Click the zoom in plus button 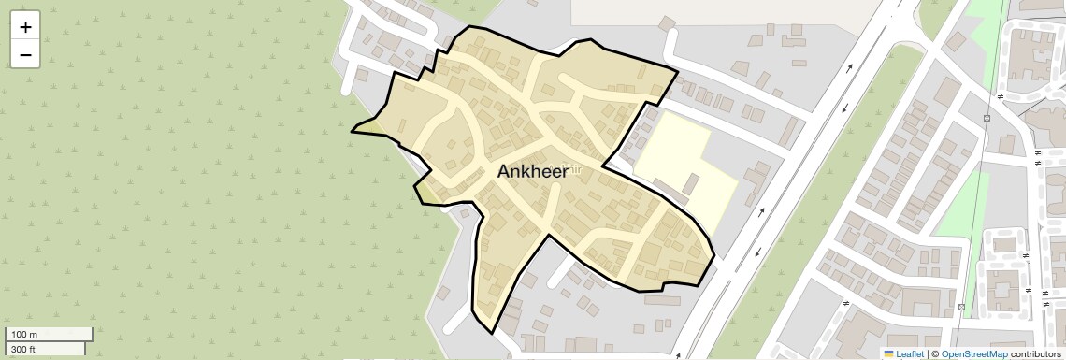pyautogui.click(x=25, y=27)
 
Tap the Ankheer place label pyautogui.click(x=532, y=171)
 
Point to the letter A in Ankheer pyautogui.click(x=505, y=171)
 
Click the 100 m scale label pyautogui.click(x=24, y=335)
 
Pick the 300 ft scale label pyautogui.click(x=24, y=350)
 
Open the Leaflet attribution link pyautogui.click(x=910, y=354)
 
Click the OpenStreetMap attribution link pyautogui.click(x=973, y=354)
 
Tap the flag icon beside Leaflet pyautogui.click(x=889, y=354)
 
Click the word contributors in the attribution pyautogui.click(x=1035, y=354)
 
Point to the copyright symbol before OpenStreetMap pyautogui.click(x=934, y=354)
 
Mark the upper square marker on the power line pyautogui.click(x=987, y=119)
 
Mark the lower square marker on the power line pyautogui.click(x=961, y=307)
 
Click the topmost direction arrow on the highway pyautogui.click(x=849, y=67)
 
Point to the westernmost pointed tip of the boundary pyautogui.click(x=353, y=132)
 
